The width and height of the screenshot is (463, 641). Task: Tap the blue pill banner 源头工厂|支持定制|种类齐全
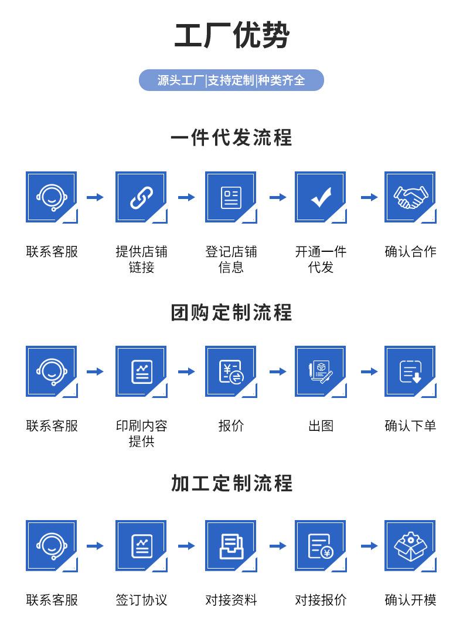231,80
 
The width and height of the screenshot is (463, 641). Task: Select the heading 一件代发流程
231,138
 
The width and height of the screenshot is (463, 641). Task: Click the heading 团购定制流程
231,312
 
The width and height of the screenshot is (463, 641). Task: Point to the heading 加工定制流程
231,483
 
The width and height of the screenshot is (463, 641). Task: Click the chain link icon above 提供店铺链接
141,197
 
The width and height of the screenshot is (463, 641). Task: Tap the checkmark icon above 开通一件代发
321,197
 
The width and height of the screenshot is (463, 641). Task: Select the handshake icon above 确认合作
410,197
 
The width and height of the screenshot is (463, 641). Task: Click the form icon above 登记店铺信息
231,197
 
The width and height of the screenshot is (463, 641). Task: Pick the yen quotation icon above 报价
231,372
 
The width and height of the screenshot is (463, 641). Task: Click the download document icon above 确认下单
410,372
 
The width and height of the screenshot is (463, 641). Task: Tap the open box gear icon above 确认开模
410,546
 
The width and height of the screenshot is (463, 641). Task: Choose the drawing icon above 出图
321,372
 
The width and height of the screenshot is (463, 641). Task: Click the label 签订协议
141,600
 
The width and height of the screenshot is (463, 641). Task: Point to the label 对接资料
231,600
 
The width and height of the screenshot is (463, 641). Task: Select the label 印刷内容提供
141,433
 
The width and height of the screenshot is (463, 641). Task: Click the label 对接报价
321,600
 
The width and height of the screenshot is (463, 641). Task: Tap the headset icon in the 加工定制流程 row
52,546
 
